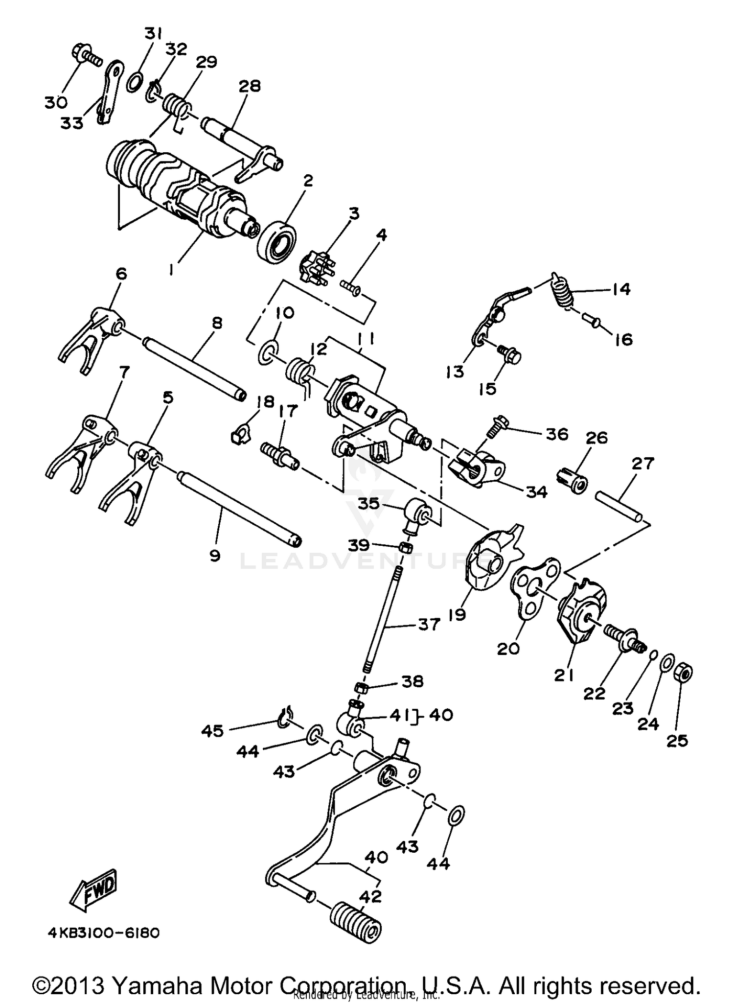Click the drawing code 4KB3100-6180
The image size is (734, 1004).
click(x=104, y=933)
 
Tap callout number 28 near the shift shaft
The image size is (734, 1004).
click(x=250, y=86)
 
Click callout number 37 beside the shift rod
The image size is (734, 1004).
click(x=429, y=624)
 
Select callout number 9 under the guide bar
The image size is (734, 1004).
click(x=214, y=555)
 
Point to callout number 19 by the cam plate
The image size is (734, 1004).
click(x=457, y=614)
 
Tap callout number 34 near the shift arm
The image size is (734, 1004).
click(x=536, y=492)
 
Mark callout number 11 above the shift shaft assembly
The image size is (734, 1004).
click(x=366, y=338)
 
